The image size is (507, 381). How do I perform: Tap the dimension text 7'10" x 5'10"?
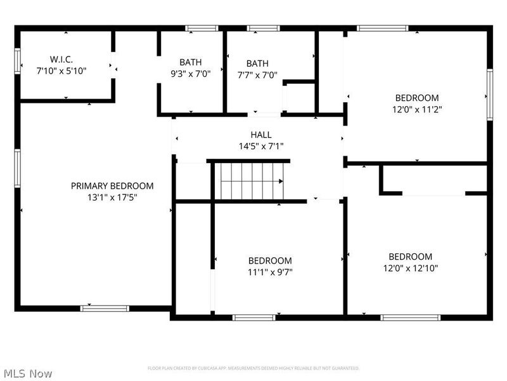coord(61,71)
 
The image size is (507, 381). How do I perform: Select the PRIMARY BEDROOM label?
coord(112,186)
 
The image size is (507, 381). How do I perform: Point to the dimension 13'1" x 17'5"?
coord(112,197)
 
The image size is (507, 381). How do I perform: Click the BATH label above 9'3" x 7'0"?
coord(190,62)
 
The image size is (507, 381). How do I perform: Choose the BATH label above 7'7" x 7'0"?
coord(257,63)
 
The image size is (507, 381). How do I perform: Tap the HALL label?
coord(261,135)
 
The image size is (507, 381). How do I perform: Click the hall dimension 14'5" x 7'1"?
coord(261,146)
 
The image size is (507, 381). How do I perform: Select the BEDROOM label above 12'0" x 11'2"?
coord(417,98)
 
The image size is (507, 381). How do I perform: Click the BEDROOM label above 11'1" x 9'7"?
coord(270,260)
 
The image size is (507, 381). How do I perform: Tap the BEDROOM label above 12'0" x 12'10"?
coord(411,257)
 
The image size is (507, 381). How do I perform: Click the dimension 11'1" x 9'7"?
coord(270,272)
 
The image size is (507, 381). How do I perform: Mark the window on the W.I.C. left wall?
coord(18,62)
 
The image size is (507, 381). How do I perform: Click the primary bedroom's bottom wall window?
coord(105,309)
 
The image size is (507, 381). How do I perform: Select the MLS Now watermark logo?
coord(28,373)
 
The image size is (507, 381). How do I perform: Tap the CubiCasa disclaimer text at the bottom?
coord(253,368)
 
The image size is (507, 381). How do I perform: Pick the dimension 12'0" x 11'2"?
coord(417,109)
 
